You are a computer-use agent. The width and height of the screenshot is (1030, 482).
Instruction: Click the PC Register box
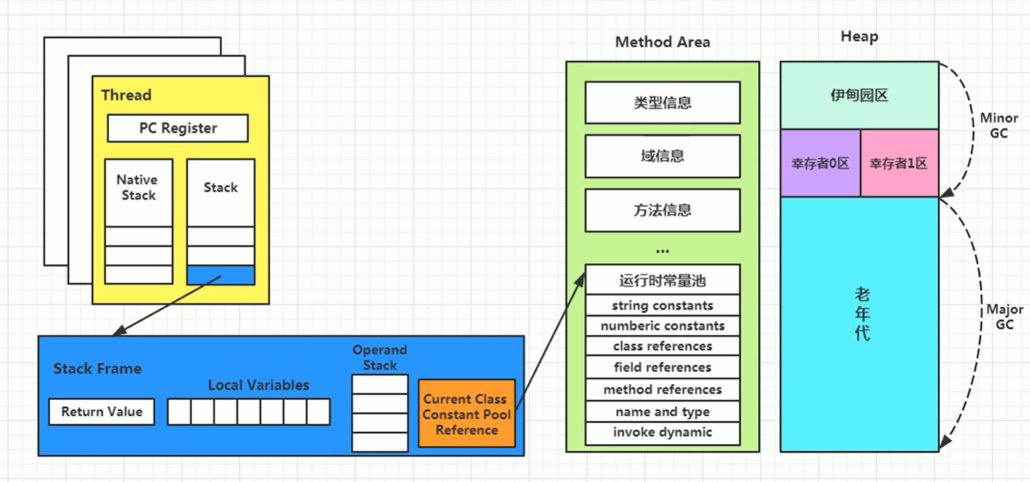[x=177, y=128]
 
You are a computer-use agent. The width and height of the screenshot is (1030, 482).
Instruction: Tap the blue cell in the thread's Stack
[x=220, y=275]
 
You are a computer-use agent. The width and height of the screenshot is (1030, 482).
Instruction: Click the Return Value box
[x=102, y=412]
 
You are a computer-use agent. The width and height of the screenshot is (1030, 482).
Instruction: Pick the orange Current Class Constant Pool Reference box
[x=467, y=414]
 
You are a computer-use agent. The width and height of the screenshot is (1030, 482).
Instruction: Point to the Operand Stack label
[x=379, y=358]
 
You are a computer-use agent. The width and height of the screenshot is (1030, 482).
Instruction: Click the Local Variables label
[x=259, y=385]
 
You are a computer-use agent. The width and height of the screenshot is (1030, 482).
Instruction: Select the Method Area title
[x=662, y=42]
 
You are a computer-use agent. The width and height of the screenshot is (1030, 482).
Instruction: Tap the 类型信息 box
[x=662, y=103]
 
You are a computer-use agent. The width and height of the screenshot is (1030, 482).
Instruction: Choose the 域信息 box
[x=662, y=156]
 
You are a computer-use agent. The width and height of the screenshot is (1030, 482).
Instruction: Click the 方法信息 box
[x=662, y=210]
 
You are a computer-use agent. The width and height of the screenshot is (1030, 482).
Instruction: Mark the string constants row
[x=662, y=306]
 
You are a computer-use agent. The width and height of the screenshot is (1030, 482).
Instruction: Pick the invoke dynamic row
[x=662, y=433]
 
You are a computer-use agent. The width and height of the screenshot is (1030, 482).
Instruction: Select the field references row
[x=662, y=368]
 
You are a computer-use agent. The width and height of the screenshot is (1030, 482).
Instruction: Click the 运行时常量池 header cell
[x=662, y=280]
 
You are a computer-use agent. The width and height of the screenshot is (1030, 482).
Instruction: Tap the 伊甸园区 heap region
[x=859, y=95]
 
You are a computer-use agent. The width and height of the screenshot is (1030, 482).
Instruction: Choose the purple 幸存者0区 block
[x=820, y=163]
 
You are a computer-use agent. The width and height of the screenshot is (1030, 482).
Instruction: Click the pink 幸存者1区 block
[x=899, y=163]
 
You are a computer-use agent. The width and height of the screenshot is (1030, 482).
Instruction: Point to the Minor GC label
[x=999, y=125]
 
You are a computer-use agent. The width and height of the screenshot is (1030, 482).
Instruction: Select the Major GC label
[x=1005, y=317]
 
